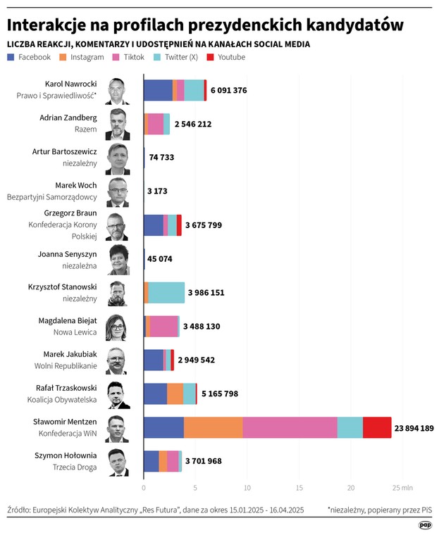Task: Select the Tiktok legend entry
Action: click(127, 57)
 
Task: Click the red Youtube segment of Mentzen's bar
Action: click(377, 427)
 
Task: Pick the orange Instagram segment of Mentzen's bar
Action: click(214, 427)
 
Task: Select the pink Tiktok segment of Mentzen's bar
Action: click(290, 427)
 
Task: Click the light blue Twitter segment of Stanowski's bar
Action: click(166, 292)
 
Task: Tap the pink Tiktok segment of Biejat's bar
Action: click(164, 326)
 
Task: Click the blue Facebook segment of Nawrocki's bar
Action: click(158, 90)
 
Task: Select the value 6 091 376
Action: click(228, 90)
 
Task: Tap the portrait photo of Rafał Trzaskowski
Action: click(118, 394)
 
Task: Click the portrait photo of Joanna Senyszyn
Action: click(118, 259)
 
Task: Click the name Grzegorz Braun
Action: click(70, 213)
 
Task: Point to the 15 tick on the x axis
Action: click(299, 487)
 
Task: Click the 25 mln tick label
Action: click(402, 487)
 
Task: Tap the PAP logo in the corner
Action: click(425, 524)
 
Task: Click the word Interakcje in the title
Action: click(50, 25)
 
